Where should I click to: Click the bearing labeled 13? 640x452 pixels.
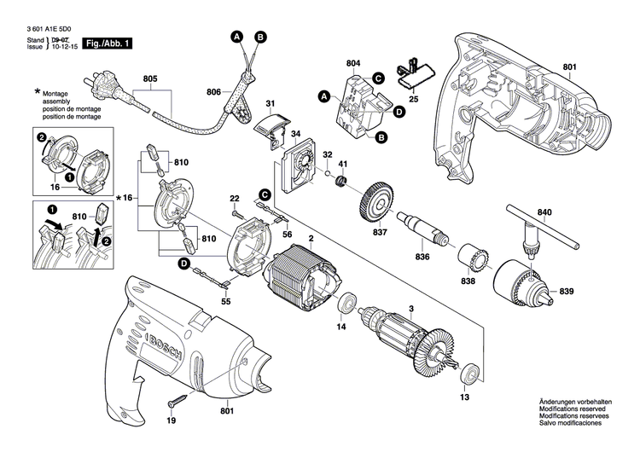468,376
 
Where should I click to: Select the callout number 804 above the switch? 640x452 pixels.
353,63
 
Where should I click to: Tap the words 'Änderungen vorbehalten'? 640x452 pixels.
583,402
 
